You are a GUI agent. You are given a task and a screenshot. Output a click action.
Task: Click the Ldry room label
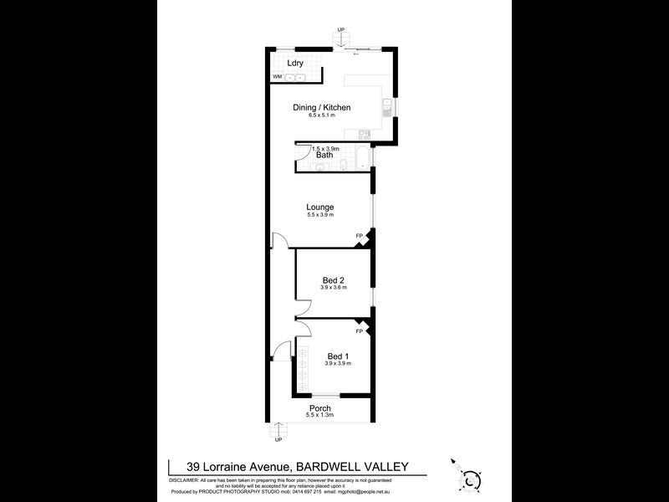[294, 63]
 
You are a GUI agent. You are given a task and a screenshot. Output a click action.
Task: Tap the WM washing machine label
[276, 77]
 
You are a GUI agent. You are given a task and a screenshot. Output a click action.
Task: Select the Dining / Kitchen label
[321, 107]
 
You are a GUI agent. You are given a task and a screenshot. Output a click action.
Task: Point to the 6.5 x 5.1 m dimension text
[321, 116]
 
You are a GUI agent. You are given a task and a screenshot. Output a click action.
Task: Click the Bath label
[324, 155]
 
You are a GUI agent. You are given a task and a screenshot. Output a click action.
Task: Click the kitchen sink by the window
[386, 106]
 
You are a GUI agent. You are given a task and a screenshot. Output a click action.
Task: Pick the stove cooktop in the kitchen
[362, 136]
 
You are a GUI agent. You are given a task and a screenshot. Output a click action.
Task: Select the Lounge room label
[320, 207]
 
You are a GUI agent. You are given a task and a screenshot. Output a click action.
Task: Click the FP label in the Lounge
[360, 235]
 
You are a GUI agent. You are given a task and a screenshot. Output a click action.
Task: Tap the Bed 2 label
[334, 279]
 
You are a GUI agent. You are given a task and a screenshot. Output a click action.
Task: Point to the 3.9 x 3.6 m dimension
[334, 288]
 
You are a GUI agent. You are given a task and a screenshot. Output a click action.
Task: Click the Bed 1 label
[338, 356]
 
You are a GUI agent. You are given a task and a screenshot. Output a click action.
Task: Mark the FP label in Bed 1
[359, 331]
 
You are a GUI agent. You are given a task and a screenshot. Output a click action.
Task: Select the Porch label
[320, 408]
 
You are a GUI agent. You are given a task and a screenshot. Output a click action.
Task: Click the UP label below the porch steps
[278, 439]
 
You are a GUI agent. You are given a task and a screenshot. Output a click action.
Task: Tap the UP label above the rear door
[340, 31]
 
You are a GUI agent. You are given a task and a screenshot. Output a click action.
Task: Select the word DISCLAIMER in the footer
[186, 482]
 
